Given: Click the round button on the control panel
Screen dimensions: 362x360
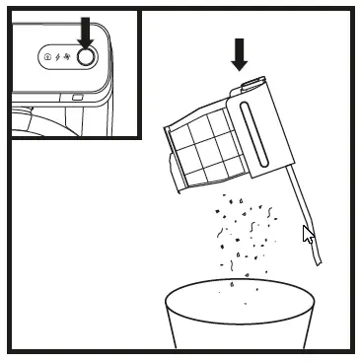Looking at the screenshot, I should click(86, 57).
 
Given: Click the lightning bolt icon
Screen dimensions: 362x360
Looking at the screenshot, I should click(58, 57).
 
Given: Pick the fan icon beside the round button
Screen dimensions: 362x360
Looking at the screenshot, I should click(68, 57).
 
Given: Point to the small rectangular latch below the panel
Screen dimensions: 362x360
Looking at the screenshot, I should click(76, 97).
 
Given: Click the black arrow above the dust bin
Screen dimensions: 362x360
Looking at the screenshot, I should click(239, 54).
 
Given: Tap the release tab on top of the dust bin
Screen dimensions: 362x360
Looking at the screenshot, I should click(248, 88).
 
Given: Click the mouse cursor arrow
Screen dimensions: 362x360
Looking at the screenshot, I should click(308, 235).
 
